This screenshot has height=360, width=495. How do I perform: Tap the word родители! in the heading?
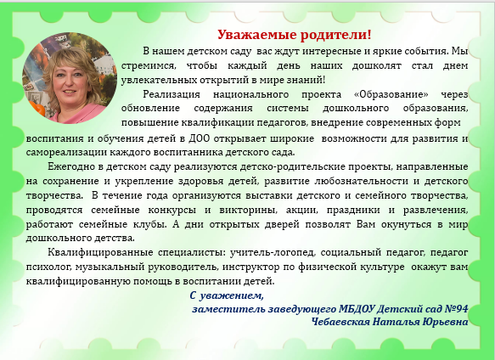[335, 35]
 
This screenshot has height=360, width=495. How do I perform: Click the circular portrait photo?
[70, 77]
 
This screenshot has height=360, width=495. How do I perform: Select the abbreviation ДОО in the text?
[200, 138]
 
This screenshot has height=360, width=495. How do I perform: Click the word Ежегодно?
[71, 166]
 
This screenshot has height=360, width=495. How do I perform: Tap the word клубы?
[149, 224]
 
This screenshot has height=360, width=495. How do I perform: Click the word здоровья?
[200, 181]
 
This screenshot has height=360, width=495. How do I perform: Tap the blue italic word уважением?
[232, 295]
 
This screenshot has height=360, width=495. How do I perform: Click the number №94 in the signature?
[456, 308]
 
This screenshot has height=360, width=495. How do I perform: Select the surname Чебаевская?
[340, 322]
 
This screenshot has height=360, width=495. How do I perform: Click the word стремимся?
[147, 66]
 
